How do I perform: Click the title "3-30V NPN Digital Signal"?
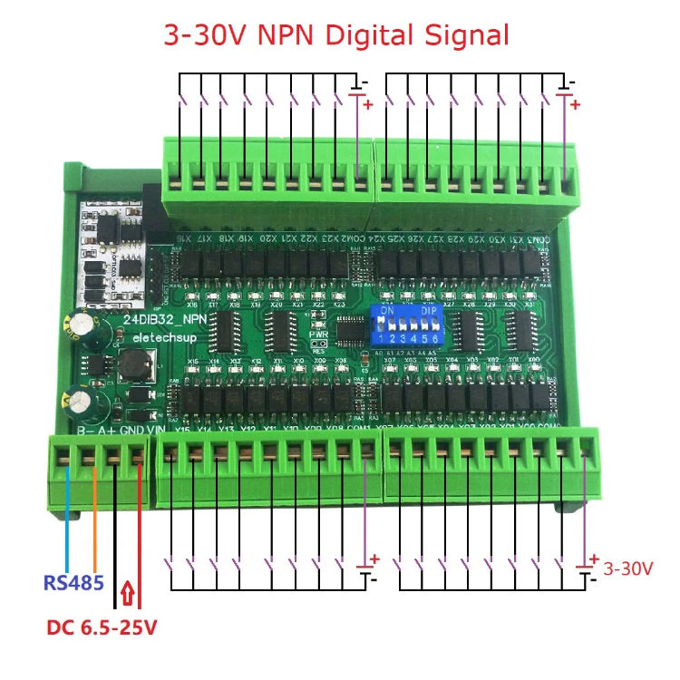click(335, 35)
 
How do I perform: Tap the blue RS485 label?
click(73, 582)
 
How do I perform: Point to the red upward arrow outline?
click(128, 593)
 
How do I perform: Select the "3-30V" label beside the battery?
click(627, 569)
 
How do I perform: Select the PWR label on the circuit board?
click(318, 333)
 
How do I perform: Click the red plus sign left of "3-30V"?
click(594, 559)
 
